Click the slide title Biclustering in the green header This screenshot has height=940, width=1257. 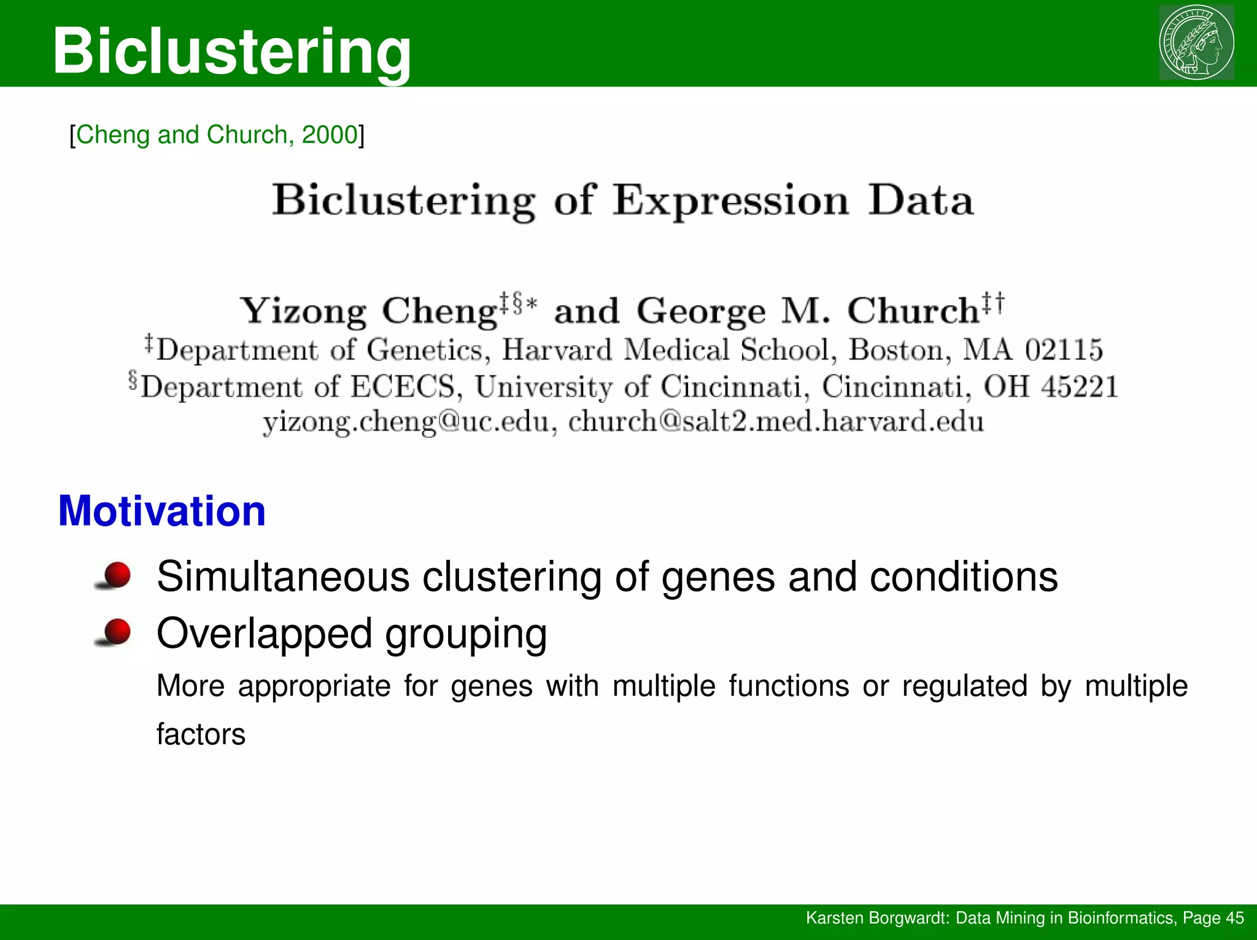tap(232, 52)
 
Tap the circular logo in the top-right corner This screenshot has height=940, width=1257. tap(1196, 42)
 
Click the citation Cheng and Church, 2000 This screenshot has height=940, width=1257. tap(217, 134)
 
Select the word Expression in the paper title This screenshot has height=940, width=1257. tap(730, 201)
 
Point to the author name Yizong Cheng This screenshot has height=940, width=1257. tap(368, 311)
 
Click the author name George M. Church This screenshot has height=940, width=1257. tap(808, 311)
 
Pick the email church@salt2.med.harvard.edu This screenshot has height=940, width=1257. tap(775, 422)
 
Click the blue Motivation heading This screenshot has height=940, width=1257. tap(162, 511)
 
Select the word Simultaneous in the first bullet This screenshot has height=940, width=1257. tap(283, 577)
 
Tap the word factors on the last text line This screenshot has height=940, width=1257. tap(201, 734)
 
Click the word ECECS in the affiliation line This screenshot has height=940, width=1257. tap(403, 387)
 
